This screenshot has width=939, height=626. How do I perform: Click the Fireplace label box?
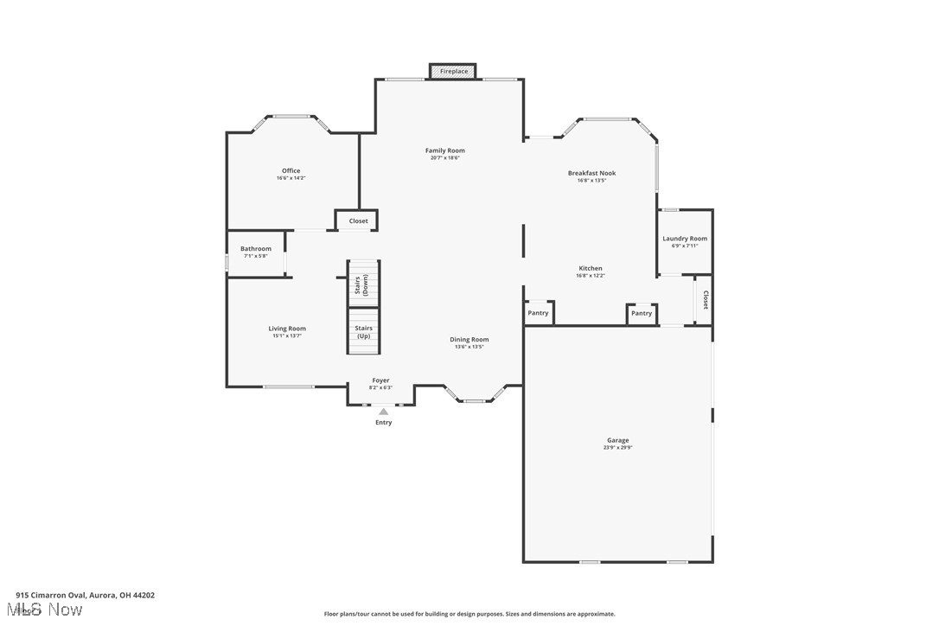pyautogui.click(x=454, y=71)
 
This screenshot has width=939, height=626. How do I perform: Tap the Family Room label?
pyautogui.click(x=444, y=150)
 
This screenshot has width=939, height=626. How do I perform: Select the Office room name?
pyautogui.click(x=291, y=170)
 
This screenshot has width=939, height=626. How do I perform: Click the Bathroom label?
pyautogui.click(x=256, y=249)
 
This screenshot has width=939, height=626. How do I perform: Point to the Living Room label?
pyautogui.click(x=287, y=329)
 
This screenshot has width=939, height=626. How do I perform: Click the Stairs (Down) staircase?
pyautogui.click(x=364, y=284)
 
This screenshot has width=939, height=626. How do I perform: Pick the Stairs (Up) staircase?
pyautogui.click(x=364, y=331)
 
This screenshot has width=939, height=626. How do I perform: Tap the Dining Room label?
pyautogui.click(x=469, y=340)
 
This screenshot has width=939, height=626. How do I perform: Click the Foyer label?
pyautogui.click(x=380, y=380)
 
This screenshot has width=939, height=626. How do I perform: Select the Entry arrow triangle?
pyautogui.click(x=383, y=412)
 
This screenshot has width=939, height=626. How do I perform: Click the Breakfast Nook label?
pyautogui.click(x=591, y=173)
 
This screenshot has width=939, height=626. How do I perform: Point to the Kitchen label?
pyautogui.click(x=591, y=268)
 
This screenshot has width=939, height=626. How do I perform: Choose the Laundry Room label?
pyautogui.click(x=685, y=239)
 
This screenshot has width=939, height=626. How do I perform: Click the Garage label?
pyautogui.click(x=617, y=440)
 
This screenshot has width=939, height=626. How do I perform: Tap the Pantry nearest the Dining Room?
pyautogui.click(x=538, y=313)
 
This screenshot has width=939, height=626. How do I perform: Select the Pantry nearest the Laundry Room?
pyautogui.click(x=642, y=314)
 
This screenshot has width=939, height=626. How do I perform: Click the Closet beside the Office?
pyautogui.click(x=358, y=221)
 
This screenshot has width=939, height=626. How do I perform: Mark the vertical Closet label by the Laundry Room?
pyautogui.click(x=706, y=300)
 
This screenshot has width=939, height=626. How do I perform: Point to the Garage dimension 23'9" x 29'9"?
pyautogui.click(x=617, y=448)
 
